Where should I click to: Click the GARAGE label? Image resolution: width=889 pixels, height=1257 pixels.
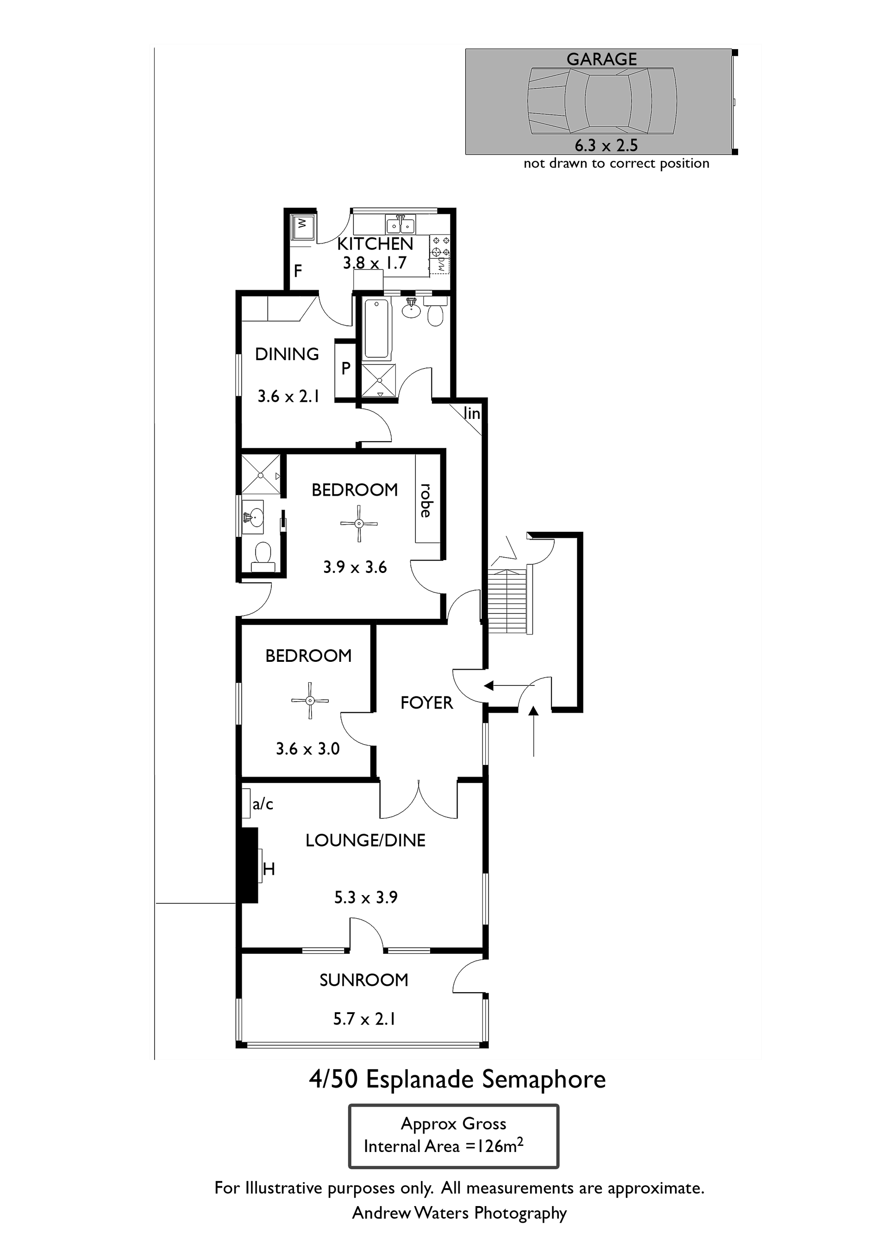pos(601,59)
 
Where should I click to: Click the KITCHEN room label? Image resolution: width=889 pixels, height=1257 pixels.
pos(375,243)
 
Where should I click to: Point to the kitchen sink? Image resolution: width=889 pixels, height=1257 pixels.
pos(401,224)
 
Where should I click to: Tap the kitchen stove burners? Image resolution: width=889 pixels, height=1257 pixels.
pos(441,246)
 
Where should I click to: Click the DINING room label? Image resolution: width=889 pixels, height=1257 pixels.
pos(287,354)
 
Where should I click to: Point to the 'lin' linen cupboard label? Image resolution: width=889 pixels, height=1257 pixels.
pos(472,413)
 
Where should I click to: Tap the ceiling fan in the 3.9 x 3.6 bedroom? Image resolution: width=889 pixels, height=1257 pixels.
pos(359,523)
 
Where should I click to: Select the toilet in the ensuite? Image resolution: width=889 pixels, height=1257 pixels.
pos(263,557)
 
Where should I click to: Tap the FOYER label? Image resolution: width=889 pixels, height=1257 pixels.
pos(427,703)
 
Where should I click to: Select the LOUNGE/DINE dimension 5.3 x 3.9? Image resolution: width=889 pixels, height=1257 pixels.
pos(366,897)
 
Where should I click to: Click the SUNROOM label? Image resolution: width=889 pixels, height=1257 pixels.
pos(364,980)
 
